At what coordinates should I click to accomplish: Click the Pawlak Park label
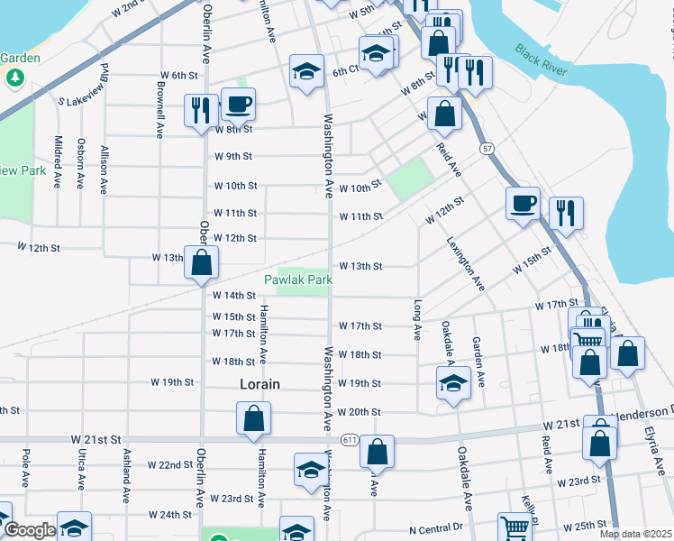click(298, 280)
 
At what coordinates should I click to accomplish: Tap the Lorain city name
click(260, 383)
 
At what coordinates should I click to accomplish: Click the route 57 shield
click(487, 148)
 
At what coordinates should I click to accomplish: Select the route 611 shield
click(351, 439)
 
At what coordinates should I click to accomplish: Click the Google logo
click(29, 530)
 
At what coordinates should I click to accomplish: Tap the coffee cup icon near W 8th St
click(238, 105)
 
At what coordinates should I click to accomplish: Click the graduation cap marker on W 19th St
click(453, 381)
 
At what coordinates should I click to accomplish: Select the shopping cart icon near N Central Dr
click(515, 527)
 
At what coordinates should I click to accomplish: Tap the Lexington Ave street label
click(466, 263)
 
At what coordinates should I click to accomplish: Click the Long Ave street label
click(418, 319)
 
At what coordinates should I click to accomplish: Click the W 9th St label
click(233, 156)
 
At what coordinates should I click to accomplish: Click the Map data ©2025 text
click(634, 534)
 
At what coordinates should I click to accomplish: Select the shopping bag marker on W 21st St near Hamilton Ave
click(253, 418)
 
